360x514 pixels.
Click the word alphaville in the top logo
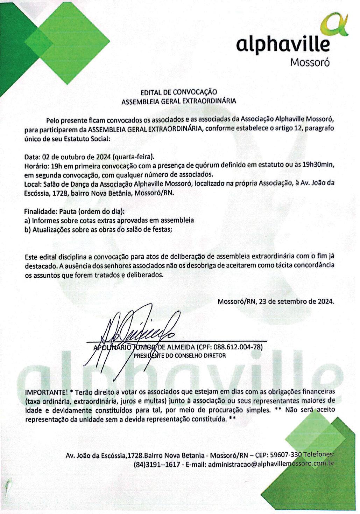(283, 45)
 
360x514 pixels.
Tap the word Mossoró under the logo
(310, 63)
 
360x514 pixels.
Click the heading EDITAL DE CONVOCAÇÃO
(178, 92)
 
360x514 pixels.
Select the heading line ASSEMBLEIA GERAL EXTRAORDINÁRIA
(178, 102)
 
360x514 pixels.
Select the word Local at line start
(32, 183)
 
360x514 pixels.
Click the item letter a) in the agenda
(27, 221)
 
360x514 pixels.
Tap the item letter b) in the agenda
(27, 230)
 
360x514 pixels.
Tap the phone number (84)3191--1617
(157, 464)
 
